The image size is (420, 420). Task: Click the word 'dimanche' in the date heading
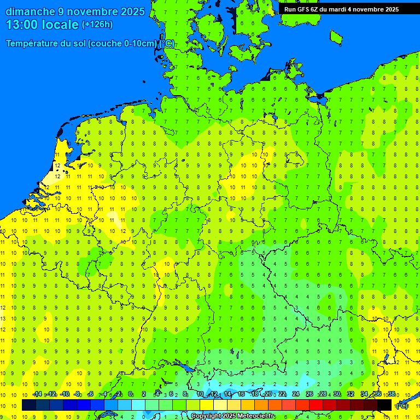pos(30,11)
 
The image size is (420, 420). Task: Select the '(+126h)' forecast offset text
pos(97,25)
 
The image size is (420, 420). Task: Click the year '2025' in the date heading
pos(132,11)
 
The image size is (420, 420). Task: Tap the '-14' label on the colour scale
pos(37,394)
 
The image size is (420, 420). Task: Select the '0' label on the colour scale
pos(130,394)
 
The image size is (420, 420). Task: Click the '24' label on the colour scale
pos(295,394)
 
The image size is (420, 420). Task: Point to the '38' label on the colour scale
pos(391,394)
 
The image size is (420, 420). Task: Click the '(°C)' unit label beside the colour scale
pos(402,405)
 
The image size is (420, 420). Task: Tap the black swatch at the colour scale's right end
pos(384,405)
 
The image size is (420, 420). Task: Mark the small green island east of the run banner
pos(336,36)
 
